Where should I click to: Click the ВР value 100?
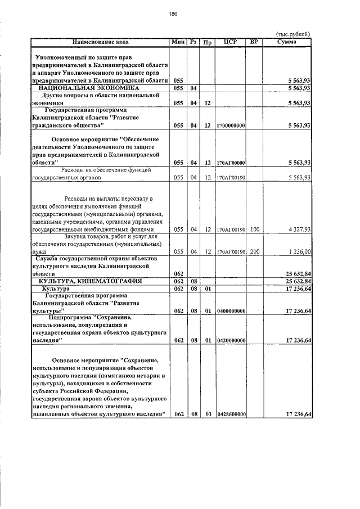coord(255,229)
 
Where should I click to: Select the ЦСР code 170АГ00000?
coord(230,163)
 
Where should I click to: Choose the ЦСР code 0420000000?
coord(230,340)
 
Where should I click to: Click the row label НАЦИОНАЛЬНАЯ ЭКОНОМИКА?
coord(88,88)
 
